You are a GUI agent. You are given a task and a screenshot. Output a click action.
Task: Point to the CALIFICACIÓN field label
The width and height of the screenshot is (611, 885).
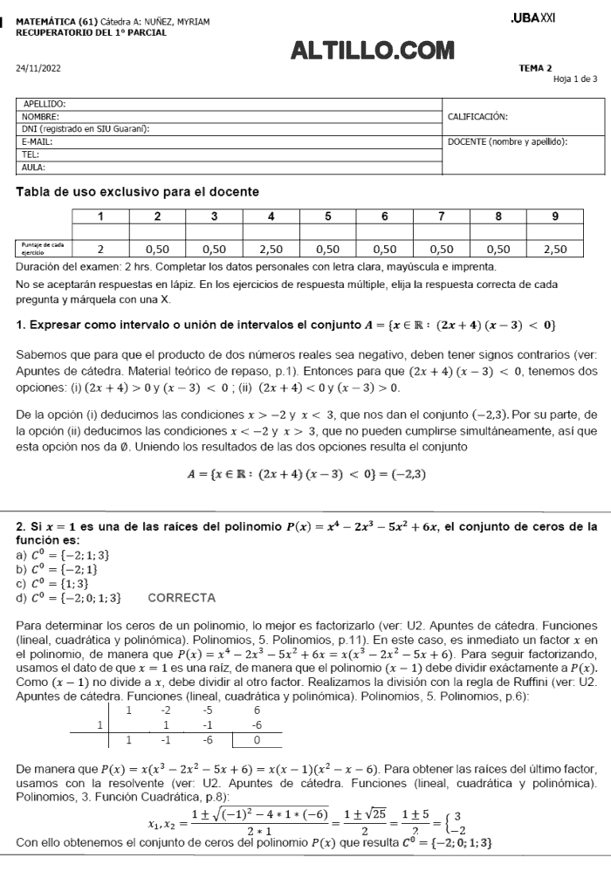tap(477, 116)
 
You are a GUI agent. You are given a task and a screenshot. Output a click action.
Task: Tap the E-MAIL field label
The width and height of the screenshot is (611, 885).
tap(38, 141)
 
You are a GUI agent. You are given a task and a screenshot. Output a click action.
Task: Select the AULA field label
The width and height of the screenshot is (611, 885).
tap(33, 166)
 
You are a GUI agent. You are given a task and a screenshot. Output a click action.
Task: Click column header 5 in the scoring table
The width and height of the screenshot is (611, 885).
tap(327, 217)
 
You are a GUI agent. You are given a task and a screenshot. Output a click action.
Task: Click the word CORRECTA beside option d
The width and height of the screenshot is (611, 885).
tap(182, 598)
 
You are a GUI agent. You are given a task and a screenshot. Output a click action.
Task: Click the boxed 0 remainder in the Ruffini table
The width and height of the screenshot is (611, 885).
tap(257, 739)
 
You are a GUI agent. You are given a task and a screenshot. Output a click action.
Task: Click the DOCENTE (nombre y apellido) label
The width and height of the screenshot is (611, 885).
tap(507, 141)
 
